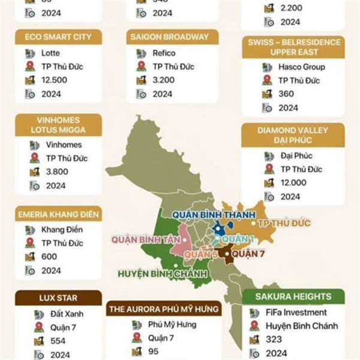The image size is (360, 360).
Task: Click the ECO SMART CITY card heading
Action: [x=58, y=37]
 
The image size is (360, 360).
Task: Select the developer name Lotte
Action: [x=51, y=53]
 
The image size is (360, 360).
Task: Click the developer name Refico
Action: [x=164, y=53]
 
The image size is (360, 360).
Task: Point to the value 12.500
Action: [x=55, y=80]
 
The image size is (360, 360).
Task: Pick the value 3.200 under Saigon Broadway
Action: [x=164, y=80]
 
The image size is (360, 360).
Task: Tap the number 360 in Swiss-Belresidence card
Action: [x=286, y=94]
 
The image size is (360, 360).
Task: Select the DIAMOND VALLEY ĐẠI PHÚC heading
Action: [x=293, y=136]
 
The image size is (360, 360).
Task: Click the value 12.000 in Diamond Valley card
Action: [x=293, y=183]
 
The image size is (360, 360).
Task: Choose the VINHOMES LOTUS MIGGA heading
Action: [x=58, y=124]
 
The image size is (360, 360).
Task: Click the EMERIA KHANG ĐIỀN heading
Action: [x=58, y=214]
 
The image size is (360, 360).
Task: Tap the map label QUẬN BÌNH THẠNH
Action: [x=210, y=215]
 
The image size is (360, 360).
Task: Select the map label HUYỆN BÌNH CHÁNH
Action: [x=162, y=274]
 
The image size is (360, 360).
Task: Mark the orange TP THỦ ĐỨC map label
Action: [x=284, y=224]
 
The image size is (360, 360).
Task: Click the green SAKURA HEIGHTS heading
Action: [x=293, y=296]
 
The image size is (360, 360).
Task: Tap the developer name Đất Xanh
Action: [x=58, y=313]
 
